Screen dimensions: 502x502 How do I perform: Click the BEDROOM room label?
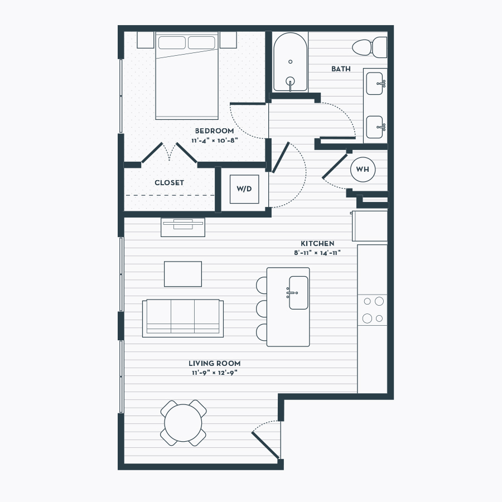click(214, 131)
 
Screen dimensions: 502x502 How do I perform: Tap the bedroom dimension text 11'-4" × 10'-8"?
click(215, 141)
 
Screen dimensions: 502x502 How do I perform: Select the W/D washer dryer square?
click(244, 189)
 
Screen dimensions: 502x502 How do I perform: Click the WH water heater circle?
click(363, 170)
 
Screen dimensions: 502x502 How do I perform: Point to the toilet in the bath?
click(370, 47)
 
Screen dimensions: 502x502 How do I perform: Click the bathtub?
click(291, 62)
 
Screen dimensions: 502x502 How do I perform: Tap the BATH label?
click(341, 69)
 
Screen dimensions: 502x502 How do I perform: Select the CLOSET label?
click(169, 183)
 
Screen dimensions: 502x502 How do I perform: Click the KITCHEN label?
click(317, 243)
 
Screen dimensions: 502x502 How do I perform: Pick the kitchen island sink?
click(298, 293)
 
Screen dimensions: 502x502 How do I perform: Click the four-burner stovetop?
click(373, 310)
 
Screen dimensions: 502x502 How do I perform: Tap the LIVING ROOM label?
click(215, 363)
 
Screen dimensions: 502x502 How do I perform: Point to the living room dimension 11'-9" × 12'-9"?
click(215, 373)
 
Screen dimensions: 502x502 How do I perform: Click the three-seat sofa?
click(183, 318)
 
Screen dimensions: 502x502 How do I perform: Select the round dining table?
click(183, 423)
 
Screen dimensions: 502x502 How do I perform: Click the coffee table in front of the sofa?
click(183, 274)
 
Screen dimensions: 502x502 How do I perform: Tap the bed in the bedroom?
click(187, 75)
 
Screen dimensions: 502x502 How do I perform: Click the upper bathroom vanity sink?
click(375, 84)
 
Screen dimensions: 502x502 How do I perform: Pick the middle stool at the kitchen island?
click(262, 308)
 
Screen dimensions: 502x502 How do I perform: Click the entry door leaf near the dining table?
click(266, 445)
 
